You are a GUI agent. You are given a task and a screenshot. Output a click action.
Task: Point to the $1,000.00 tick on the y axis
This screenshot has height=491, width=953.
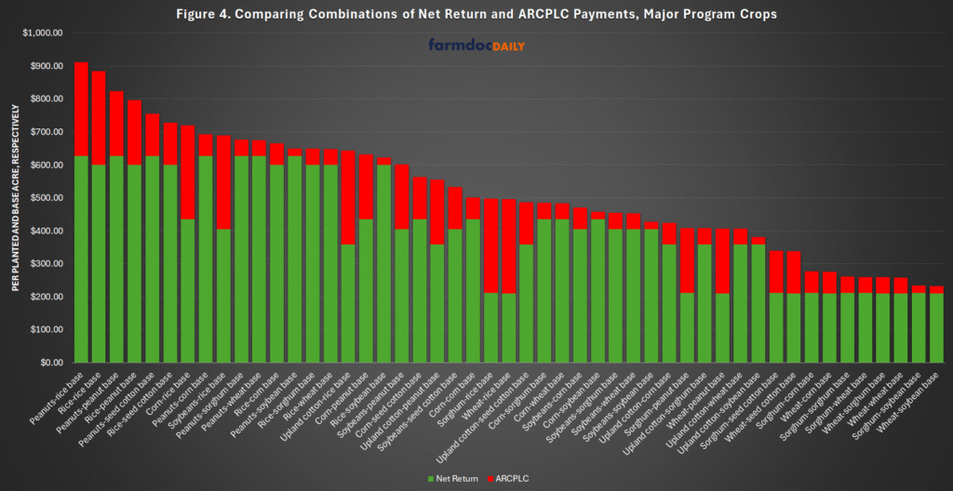tap(41, 33)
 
